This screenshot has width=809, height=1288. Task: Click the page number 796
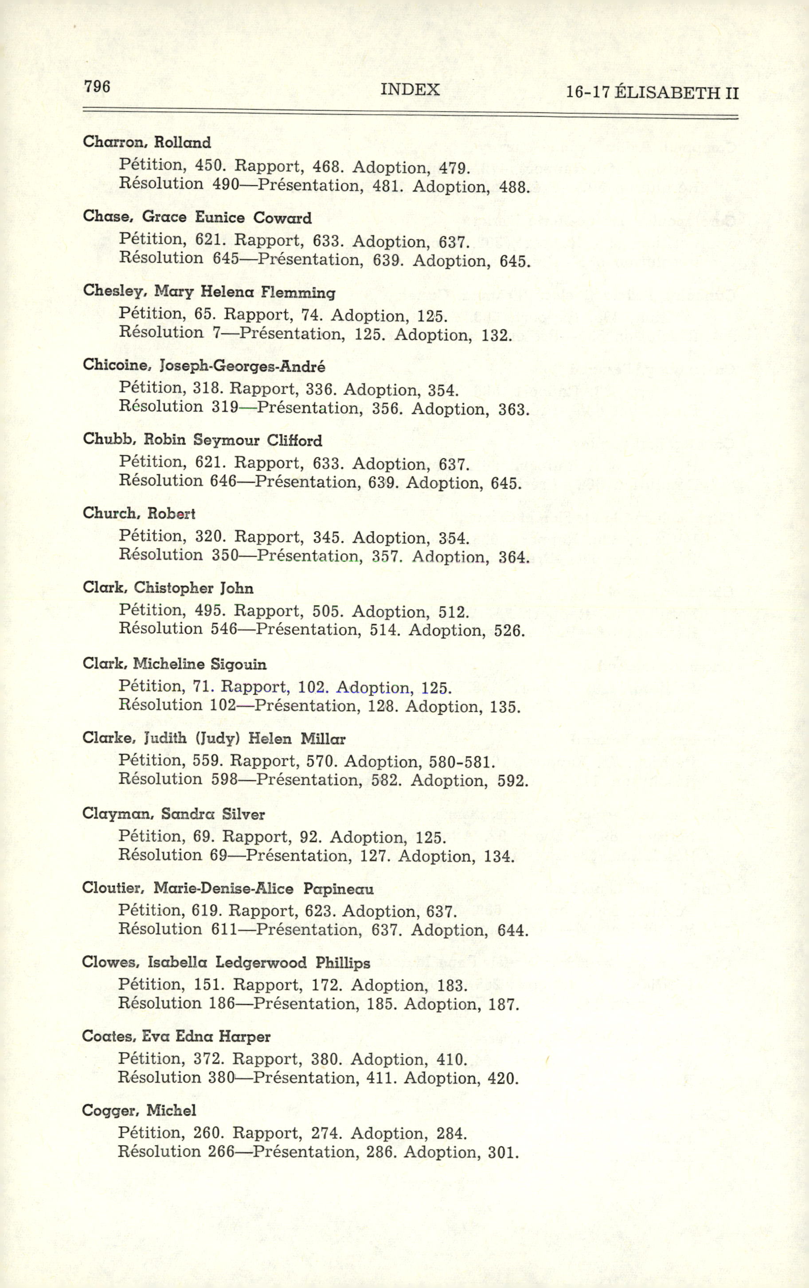97,86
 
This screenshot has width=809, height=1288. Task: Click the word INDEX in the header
410,89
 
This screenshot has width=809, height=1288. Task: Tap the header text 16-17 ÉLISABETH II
652,93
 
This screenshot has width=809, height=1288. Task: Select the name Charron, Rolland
147,142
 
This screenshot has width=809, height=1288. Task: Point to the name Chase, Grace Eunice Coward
197,217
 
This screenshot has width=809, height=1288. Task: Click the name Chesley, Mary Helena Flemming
209,292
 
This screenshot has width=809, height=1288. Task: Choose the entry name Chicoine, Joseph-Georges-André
203,366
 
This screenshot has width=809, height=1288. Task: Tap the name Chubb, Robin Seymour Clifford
202,440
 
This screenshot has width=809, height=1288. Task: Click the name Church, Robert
139,513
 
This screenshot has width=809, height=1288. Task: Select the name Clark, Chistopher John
168,588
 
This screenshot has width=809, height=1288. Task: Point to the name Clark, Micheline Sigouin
174,664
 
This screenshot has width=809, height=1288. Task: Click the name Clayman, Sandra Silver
173,814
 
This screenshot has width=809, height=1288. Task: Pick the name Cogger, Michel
139,1110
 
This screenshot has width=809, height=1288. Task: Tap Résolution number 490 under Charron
225,184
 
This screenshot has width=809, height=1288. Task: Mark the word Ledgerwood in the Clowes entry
261,962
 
